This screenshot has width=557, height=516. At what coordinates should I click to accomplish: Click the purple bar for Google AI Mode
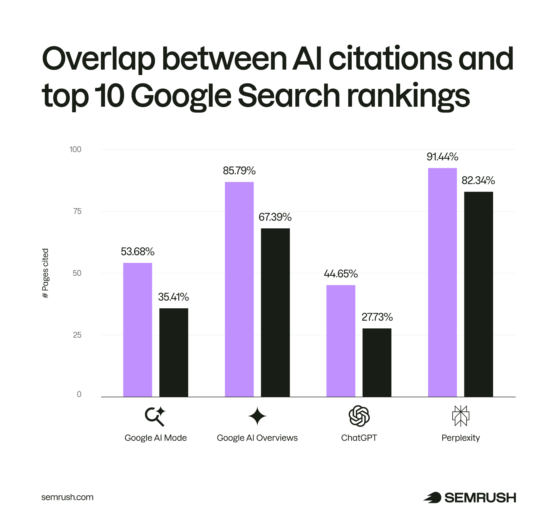[x=137, y=330]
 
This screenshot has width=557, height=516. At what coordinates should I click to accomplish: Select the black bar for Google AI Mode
[x=174, y=352]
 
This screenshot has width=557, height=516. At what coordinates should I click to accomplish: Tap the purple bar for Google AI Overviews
[x=239, y=289]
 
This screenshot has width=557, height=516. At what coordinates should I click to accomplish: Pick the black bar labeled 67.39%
[x=275, y=312]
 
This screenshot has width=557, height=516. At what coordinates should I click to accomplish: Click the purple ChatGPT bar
[x=341, y=341]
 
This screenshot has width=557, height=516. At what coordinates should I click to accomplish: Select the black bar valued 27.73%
[x=377, y=362]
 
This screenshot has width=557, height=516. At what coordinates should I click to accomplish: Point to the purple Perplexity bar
[x=442, y=282]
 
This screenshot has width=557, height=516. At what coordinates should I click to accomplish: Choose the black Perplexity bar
[x=478, y=294]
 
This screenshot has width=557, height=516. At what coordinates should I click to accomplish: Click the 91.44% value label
[x=442, y=157]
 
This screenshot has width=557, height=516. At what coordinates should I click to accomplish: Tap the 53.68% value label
[x=137, y=252]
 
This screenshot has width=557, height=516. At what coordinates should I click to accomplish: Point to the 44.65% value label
[x=341, y=274]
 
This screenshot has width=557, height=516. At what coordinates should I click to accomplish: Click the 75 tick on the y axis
[x=77, y=211]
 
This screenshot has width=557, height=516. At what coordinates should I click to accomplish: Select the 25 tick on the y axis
[x=77, y=335]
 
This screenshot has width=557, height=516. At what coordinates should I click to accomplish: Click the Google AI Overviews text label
[x=257, y=438]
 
